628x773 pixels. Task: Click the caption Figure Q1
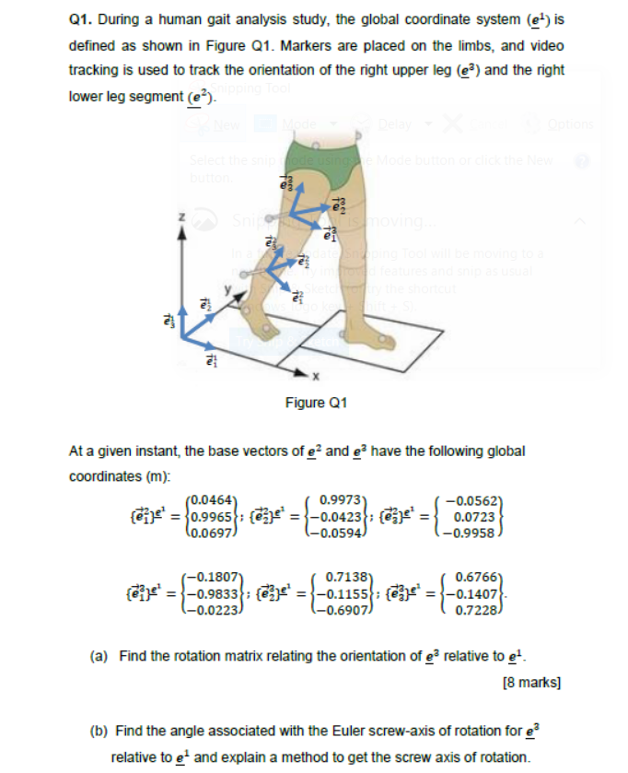[x=316, y=403]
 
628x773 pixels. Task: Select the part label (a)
[x=100, y=656]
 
